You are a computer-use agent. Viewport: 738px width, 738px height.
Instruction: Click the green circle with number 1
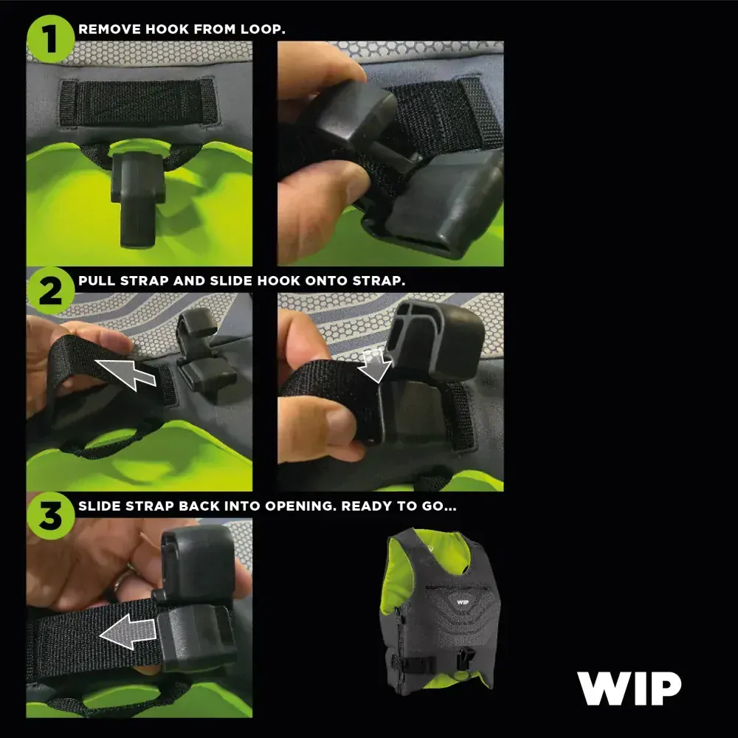[50, 39]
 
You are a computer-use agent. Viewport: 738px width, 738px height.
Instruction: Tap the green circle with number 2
[50, 292]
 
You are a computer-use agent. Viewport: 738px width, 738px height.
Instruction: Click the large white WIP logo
[629, 689]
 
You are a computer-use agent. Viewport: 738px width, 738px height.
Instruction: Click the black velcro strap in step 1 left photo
[139, 103]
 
